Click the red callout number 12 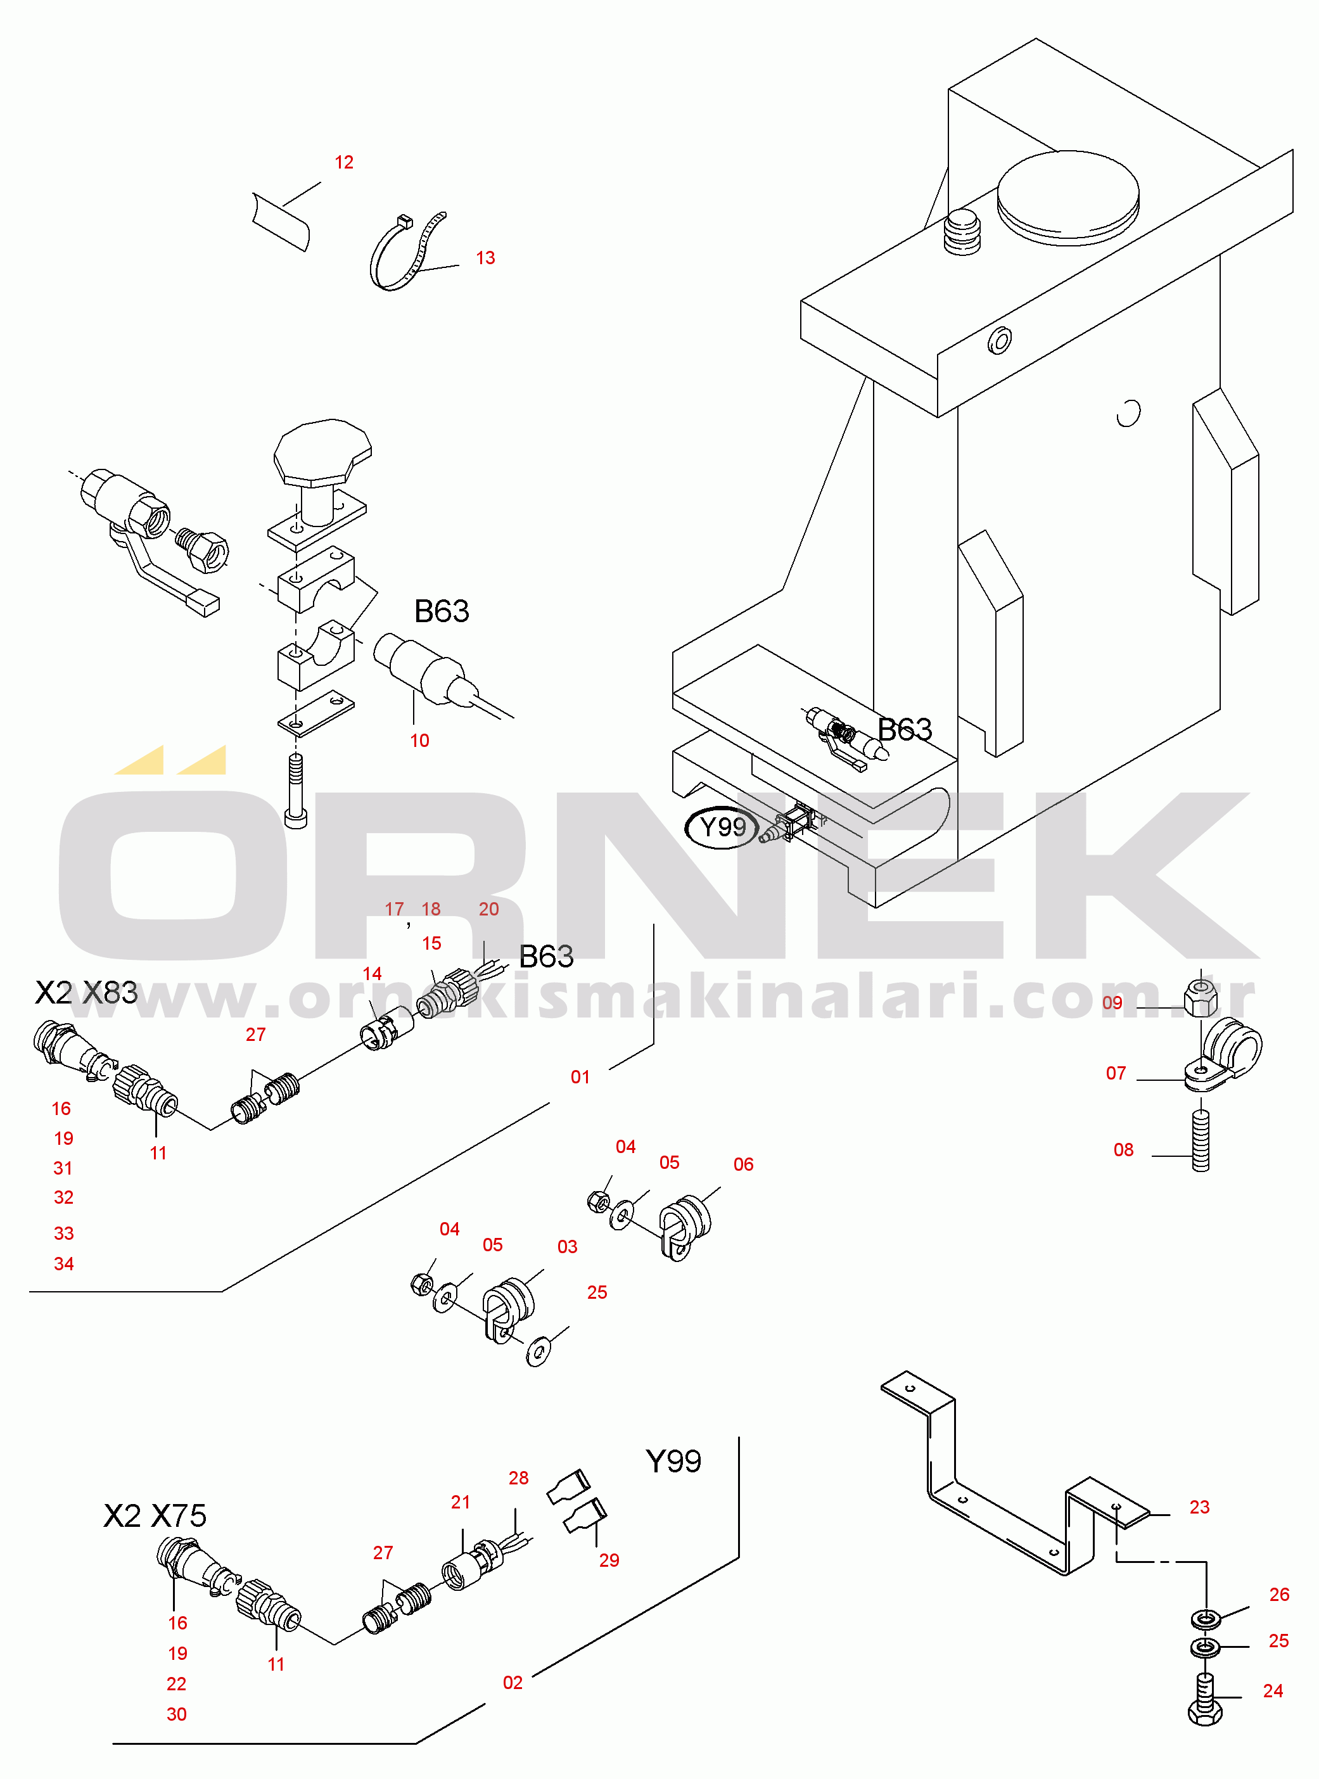tap(344, 162)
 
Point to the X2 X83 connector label tap(86, 993)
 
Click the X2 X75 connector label tap(155, 1515)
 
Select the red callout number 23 tap(1199, 1507)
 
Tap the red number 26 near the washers tap(1279, 1595)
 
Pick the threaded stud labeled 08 tap(1201, 1141)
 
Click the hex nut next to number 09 tap(1201, 993)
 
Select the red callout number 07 tap(1116, 1073)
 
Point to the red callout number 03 tap(568, 1246)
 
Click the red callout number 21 tap(461, 1502)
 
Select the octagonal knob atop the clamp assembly tap(322, 453)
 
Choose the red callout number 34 tap(64, 1264)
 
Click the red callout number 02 tap(513, 1683)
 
